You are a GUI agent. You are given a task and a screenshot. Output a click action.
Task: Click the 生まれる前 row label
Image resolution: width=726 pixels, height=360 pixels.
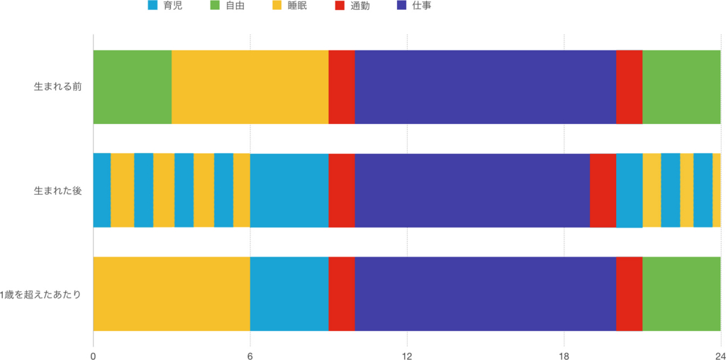point(58,87)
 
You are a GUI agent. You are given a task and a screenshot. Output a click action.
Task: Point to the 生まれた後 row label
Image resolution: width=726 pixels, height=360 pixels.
point(58,191)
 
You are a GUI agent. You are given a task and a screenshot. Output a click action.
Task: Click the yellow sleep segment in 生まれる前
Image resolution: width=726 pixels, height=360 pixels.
point(250,87)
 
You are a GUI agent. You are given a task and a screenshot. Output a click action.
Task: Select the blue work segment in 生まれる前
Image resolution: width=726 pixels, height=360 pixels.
point(485,87)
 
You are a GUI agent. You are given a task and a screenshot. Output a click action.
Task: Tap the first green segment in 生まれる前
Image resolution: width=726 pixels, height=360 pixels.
point(133,87)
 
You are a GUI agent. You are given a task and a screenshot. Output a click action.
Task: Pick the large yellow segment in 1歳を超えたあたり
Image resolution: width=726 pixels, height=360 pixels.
point(172,294)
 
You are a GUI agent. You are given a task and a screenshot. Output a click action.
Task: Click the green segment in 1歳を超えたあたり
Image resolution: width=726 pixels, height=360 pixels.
point(681,294)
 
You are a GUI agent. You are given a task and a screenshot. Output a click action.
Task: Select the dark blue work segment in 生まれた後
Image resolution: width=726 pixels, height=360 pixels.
point(472,191)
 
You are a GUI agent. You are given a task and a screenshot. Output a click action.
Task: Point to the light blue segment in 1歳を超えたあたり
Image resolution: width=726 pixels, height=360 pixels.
point(289,294)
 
